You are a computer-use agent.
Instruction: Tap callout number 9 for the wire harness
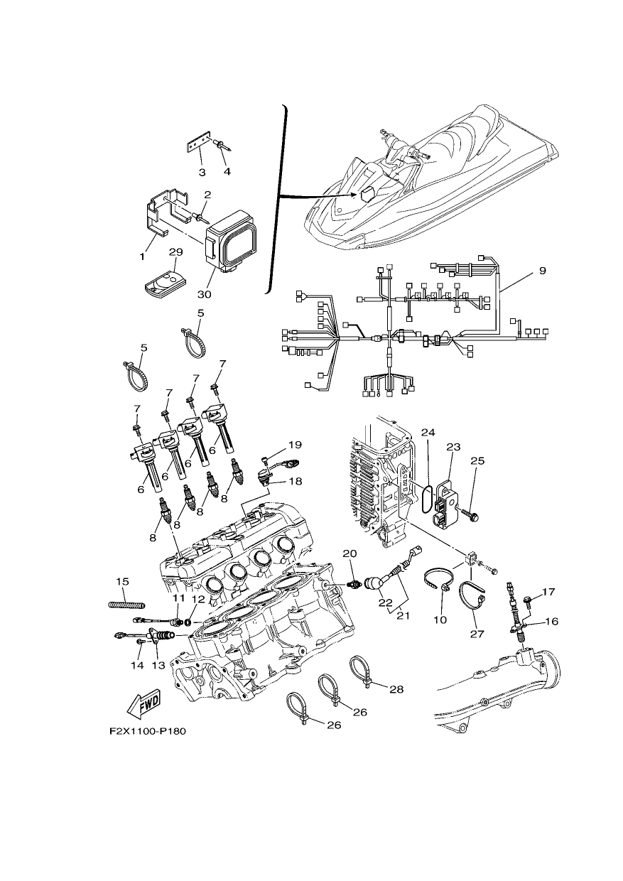(x=542, y=271)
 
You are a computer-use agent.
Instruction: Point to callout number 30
(x=205, y=294)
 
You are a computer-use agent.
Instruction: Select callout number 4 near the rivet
(x=227, y=171)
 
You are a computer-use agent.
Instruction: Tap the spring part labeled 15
(x=126, y=605)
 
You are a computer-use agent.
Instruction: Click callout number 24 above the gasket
(x=428, y=433)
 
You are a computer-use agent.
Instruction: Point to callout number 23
(x=453, y=447)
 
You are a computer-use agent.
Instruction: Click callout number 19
(x=295, y=445)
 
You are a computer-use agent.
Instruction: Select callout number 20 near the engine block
(x=350, y=553)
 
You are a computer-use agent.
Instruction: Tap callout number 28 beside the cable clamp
(x=396, y=689)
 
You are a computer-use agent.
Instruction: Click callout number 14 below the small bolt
(x=138, y=666)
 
